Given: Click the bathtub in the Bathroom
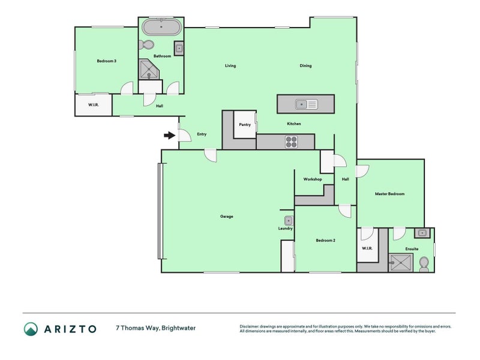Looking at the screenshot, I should click(162, 28).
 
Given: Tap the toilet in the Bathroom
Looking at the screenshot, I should click(147, 44).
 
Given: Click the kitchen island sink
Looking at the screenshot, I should click(305, 104).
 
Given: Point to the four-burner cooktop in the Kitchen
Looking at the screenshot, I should click(291, 142).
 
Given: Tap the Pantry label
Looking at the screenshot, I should click(245, 125).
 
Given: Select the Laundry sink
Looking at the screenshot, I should click(288, 220).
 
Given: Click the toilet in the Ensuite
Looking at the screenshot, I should click(424, 262).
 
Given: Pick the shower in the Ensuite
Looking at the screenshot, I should click(400, 262).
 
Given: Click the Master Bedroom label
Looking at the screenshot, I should click(389, 194).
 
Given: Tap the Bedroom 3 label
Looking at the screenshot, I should click(106, 61).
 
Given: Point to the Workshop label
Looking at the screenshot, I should click(313, 179).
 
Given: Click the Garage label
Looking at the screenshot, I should click(226, 217).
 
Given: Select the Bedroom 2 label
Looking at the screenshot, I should click(325, 241).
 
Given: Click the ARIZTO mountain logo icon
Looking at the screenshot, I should click(31, 328).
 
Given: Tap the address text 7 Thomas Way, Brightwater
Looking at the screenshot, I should click(155, 328).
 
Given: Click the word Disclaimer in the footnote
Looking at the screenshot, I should click(251, 326).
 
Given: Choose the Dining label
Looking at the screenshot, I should click(305, 66).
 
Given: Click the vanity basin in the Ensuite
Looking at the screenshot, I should click(422, 233).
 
